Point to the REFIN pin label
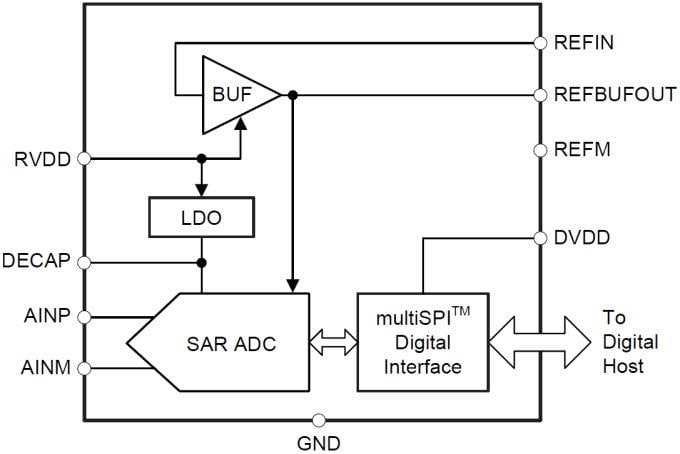click(x=585, y=43)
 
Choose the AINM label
click(x=46, y=369)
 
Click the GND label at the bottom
click(x=319, y=441)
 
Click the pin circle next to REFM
click(x=540, y=150)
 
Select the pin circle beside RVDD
click(x=84, y=158)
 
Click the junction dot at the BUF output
click(x=292, y=96)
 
